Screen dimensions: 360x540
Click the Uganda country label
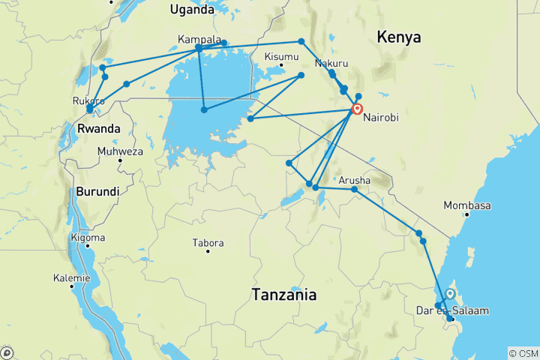[x=192, y=9]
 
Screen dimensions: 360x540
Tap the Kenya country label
[x=398, y=37]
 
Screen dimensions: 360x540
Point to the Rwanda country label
[x=99, y=129]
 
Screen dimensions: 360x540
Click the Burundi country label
[x=97, y=191]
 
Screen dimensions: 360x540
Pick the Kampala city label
[x=199, y=39]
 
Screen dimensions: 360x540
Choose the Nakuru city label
[x=331, y=63]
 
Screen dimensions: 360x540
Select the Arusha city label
[x=354, y=181]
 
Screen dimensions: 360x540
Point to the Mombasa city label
[x=466, y=205]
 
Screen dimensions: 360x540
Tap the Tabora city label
[x=208, y=243]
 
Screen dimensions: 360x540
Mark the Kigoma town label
[x=87, y=238]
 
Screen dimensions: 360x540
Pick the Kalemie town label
[x=72, y=278]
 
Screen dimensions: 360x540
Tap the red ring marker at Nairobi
[x=357, y=109]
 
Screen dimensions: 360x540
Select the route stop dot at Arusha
[x=355, y=190]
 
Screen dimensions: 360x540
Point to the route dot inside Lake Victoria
[x=204, y=110]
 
